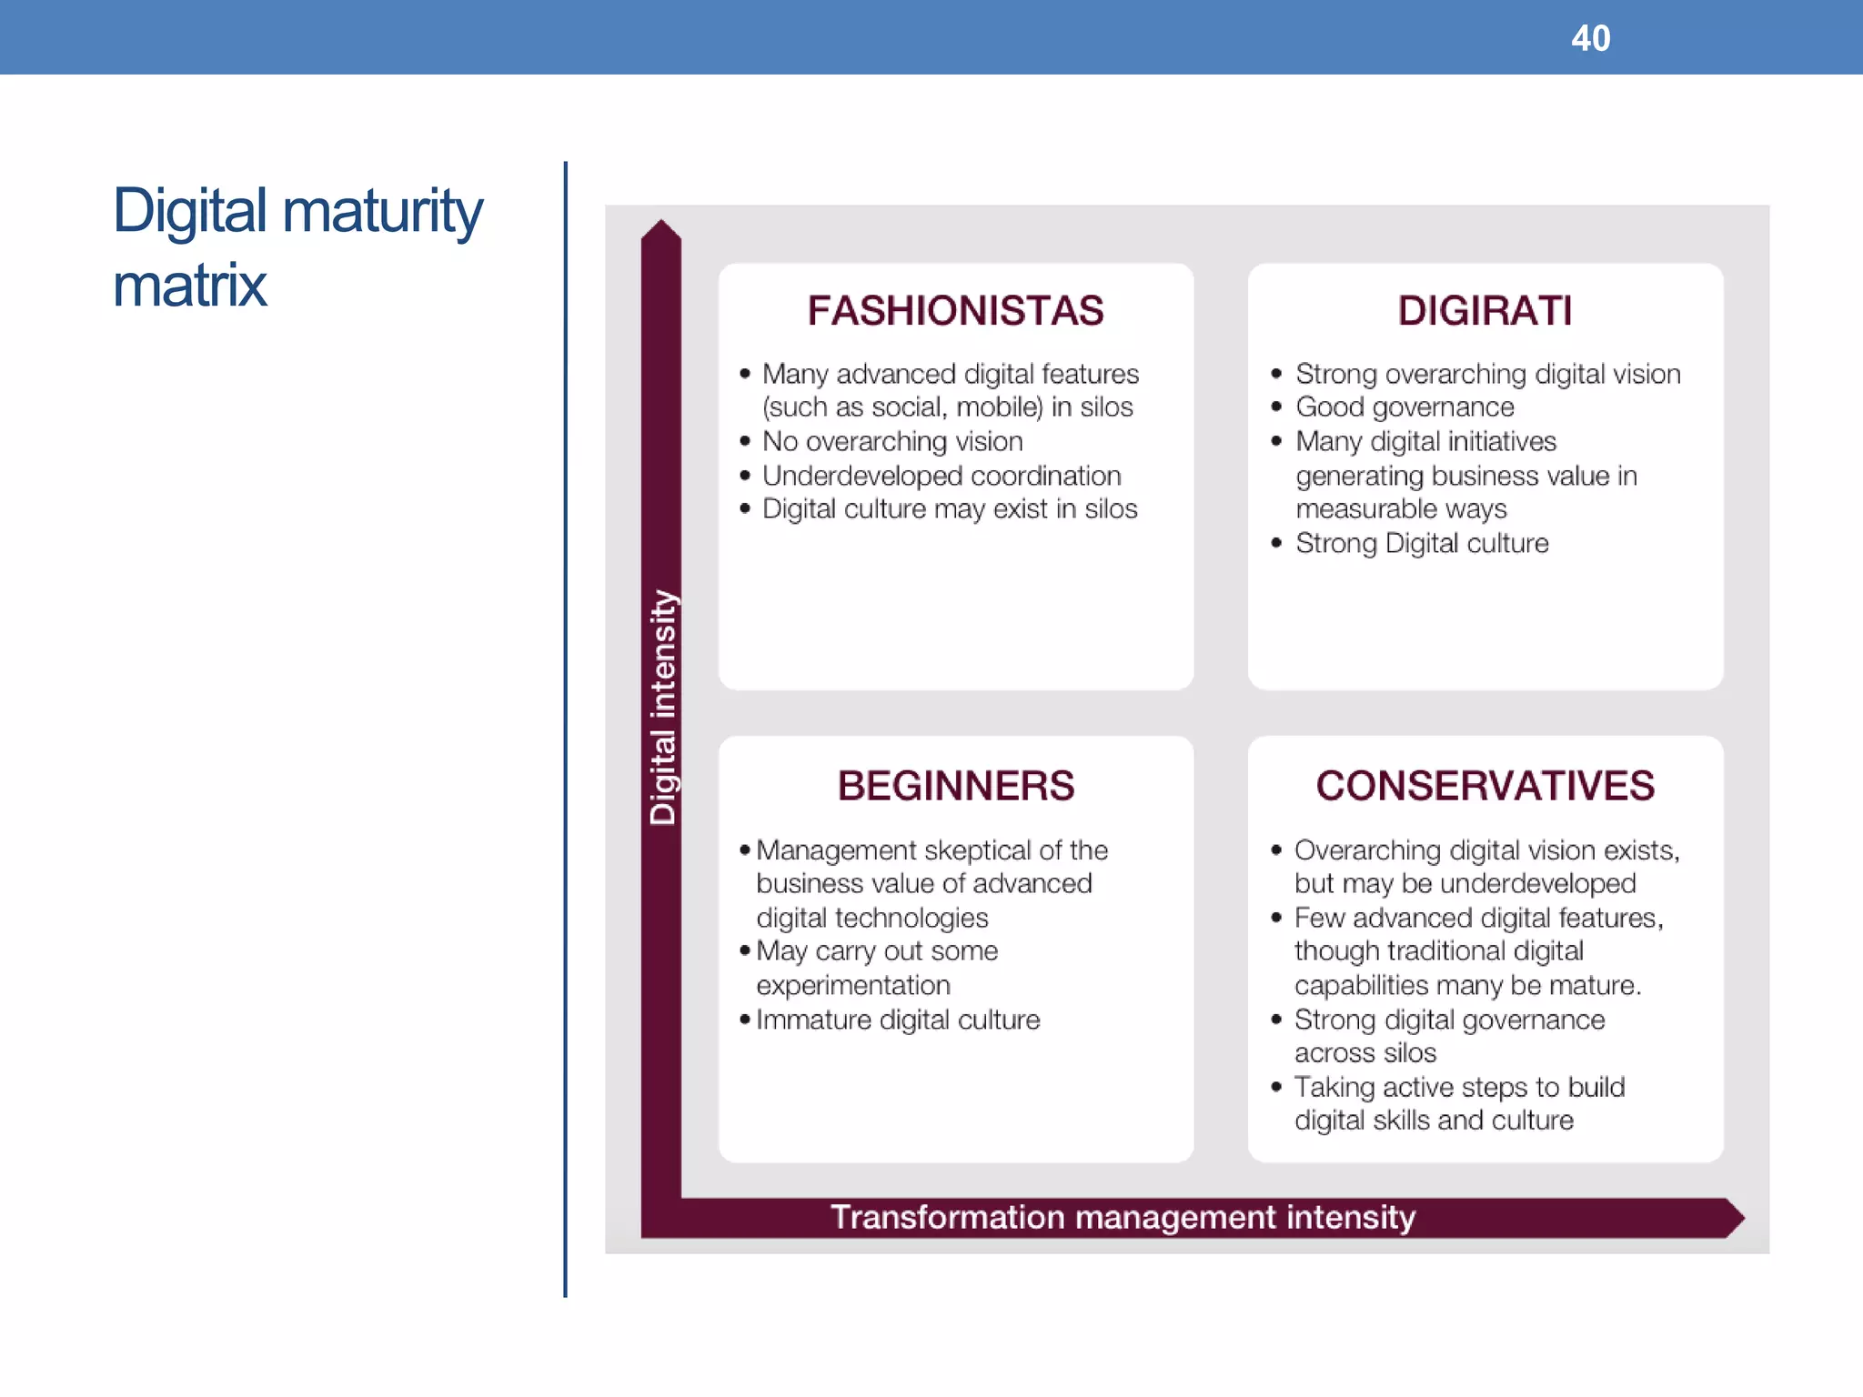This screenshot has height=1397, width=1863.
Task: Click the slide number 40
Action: [x=1590, y=38]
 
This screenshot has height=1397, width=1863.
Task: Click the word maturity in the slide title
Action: [x=382, y=211]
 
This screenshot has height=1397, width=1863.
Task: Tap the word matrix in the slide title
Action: [x=189, y=286]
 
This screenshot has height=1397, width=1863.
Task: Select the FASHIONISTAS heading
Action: [x=955, y=311]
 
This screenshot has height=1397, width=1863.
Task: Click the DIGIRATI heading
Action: [x=1485, y=311]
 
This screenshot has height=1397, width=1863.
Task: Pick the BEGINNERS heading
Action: [x=955, y=786]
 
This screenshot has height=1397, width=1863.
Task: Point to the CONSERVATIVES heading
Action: [x=1485, y=786]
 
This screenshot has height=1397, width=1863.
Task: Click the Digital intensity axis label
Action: [x=663, y=708]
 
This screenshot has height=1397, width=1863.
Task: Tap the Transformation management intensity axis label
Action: [x=1123, y=1217]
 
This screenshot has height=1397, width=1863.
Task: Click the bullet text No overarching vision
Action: [x=891, y=441]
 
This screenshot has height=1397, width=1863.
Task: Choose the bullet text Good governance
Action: [x=1405, y=407]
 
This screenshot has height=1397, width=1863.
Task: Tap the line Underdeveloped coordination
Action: [x=941, y=476]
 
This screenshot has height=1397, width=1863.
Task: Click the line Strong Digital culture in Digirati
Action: [x=1421, y=543]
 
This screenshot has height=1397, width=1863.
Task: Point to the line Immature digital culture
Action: [x=897, y=1020]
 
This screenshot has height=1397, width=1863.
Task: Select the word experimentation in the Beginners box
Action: [x=852, y=985]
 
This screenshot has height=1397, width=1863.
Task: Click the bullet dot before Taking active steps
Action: [x=1276, y=1086]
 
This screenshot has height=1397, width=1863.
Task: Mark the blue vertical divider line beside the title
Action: [x=565, y=728]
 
